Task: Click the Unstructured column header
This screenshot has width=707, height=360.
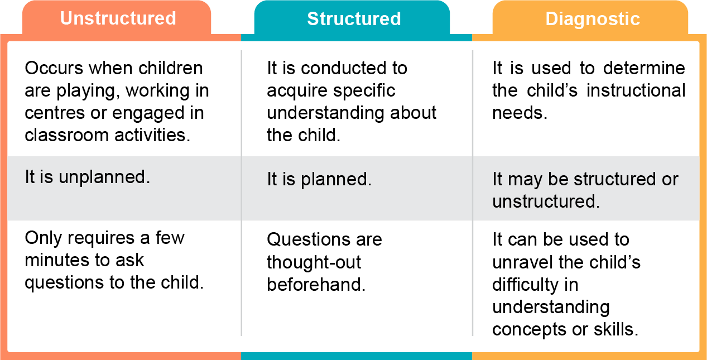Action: click(x=118, y=18)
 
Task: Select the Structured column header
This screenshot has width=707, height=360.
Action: click(x=354, y=18)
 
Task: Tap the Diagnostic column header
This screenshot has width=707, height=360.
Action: click(x=593, y=19)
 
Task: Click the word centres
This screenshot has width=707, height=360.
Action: click(x=55, y=113)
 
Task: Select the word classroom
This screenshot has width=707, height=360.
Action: click(x=66, y=135)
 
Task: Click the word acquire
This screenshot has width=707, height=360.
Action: click(x=297, y=92)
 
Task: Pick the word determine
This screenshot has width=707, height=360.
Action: click(x=644, y=68)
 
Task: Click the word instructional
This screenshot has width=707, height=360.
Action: click(x=636, y=90)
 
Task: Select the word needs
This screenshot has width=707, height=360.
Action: click(x=520, y=113)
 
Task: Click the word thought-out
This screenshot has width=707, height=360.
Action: click(x=314, y=263)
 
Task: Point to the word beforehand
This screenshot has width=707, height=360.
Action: click(x=316, y=285)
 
